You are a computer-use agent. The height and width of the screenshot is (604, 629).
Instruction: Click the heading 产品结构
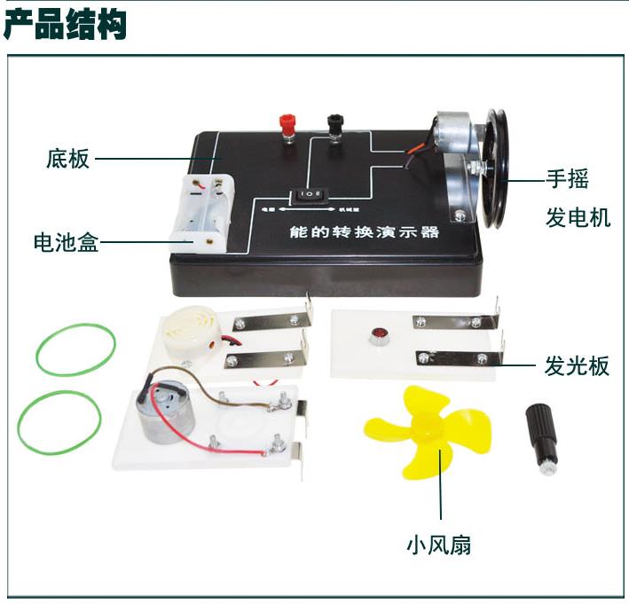coord(66,25)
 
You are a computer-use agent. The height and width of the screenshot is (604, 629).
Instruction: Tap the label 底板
coord(67,160)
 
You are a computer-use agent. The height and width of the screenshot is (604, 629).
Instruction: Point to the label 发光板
coord(577,365)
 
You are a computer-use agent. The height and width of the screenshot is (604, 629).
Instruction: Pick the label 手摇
coord(567,179)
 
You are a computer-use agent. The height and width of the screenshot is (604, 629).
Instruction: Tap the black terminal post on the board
coord(334,128)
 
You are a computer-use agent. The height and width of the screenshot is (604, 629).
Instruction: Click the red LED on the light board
coord(377,336)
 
